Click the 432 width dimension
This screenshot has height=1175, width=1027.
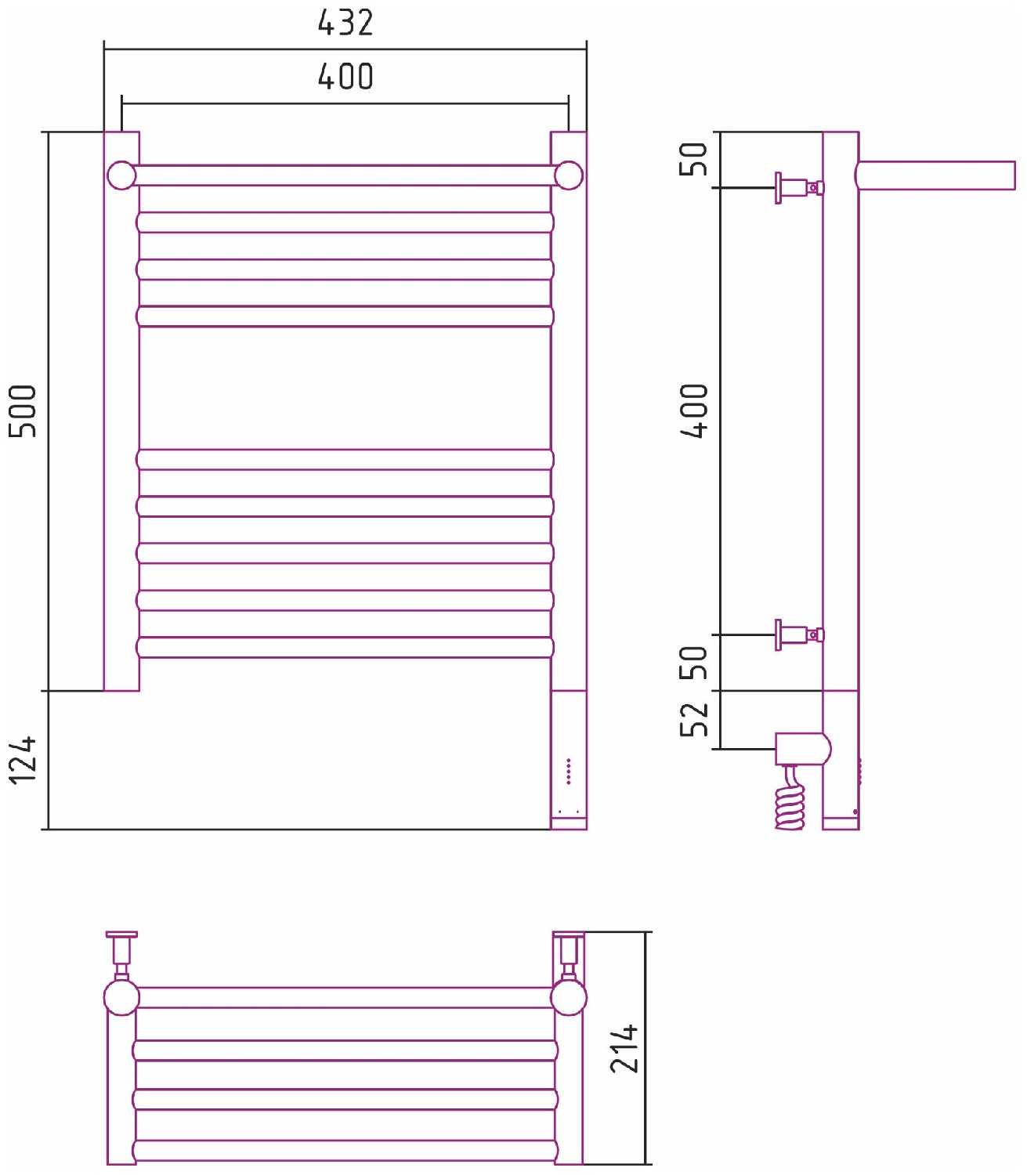click(x=345, y=23)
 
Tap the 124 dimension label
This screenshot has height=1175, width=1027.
click(x=23, y=760)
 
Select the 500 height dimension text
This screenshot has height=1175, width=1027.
click(x=23, y=411)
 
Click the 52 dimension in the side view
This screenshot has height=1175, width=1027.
click(x=694, y=719)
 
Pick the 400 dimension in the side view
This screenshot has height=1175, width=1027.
click(x=694, y=411)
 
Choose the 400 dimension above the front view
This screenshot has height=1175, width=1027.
click(x=345, y=77)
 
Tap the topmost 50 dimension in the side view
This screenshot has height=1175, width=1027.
click(x=693, y=159)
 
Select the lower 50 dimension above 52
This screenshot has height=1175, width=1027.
click(x=694, y=662)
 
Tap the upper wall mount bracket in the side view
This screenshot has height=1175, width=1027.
click(x=800, y=188)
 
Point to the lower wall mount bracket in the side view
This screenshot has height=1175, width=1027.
click(x=800, y=634)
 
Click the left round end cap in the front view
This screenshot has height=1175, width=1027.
click(x=121, y=175)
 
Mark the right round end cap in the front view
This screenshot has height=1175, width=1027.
click(x=569, y=175)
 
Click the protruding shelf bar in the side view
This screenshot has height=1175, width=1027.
click(x=935, y=175)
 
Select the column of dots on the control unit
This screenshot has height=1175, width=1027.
click(x=569, y=772)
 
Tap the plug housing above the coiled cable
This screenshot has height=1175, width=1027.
click(x=802, y=749)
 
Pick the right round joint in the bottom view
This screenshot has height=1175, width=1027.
click(x=569, y=997)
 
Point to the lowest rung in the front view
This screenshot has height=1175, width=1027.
click(x=345, y=647)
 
